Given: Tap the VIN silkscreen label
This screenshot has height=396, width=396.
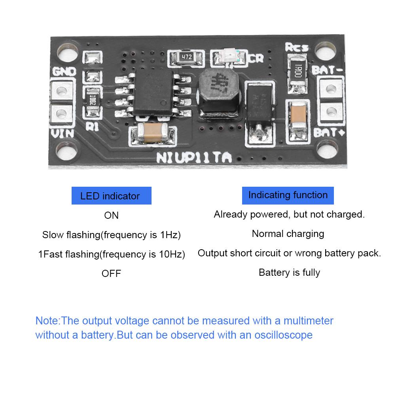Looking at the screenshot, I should coord(63,133).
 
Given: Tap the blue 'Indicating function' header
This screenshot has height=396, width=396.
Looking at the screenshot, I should coord(288,195).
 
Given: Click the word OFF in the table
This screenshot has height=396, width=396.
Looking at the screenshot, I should coord(111,273).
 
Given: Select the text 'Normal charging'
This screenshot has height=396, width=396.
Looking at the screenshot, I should coord(288,234).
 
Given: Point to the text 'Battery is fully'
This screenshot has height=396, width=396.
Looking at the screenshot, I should coord(289,273).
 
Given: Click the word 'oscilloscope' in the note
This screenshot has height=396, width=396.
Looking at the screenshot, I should coord(282,335).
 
